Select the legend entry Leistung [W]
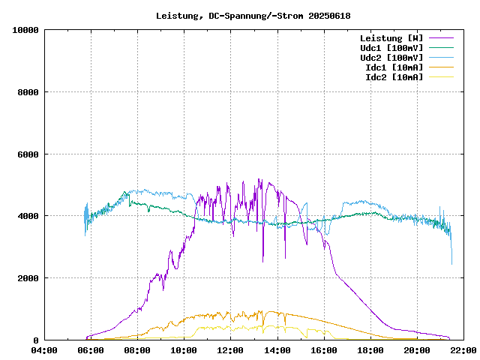tap(391, 37)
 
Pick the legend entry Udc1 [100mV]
tap(391, 47)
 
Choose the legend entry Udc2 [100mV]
tap(391, 57)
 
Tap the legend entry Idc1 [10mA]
tap(394, 67)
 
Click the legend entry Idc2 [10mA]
tap(394, 76)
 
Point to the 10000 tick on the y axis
tap(25, 30)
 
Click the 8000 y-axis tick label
tap(28, 92)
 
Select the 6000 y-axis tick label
tap(28, 154)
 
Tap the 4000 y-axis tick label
tap(28, 216)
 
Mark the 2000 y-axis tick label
tap(28, 278)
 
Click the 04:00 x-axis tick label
tap(44, 350)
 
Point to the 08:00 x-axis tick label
tap(137, 350)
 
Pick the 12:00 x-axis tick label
tap(231, 350)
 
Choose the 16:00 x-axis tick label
tap(324, 350)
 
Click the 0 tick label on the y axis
tap(36, 340)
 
